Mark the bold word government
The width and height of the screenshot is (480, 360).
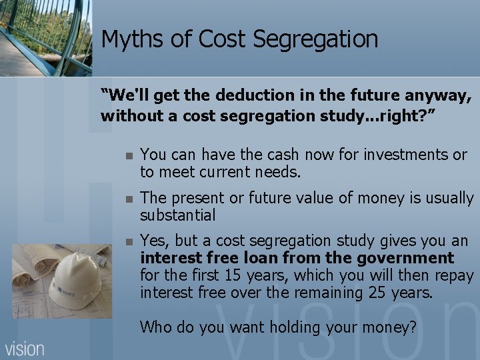pos(413,258)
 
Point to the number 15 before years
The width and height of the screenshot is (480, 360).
pos(251,275)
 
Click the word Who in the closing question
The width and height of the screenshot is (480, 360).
pos(155,327)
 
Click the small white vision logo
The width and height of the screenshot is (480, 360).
pos(25,348)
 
